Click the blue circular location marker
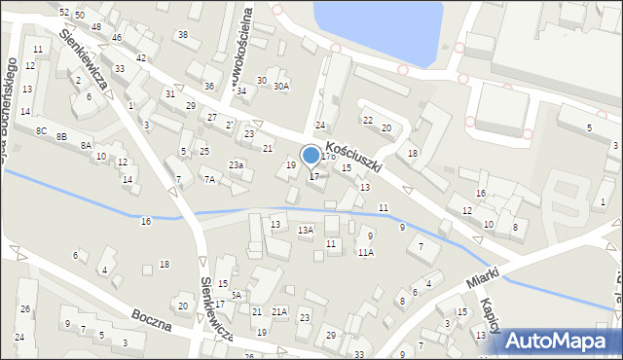coord(311,155)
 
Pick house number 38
coord(182,35)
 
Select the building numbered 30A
coord(280,87)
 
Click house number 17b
coord(329,156)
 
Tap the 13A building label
coord(306,231)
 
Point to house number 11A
coord(364,252)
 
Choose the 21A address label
coord(279,311)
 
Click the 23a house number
coord(236,165)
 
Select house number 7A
coord(208,179)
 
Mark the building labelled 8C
coord(41,130)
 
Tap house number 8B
coord(61,137)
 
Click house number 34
coord(241,90)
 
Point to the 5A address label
coord(235,295)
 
